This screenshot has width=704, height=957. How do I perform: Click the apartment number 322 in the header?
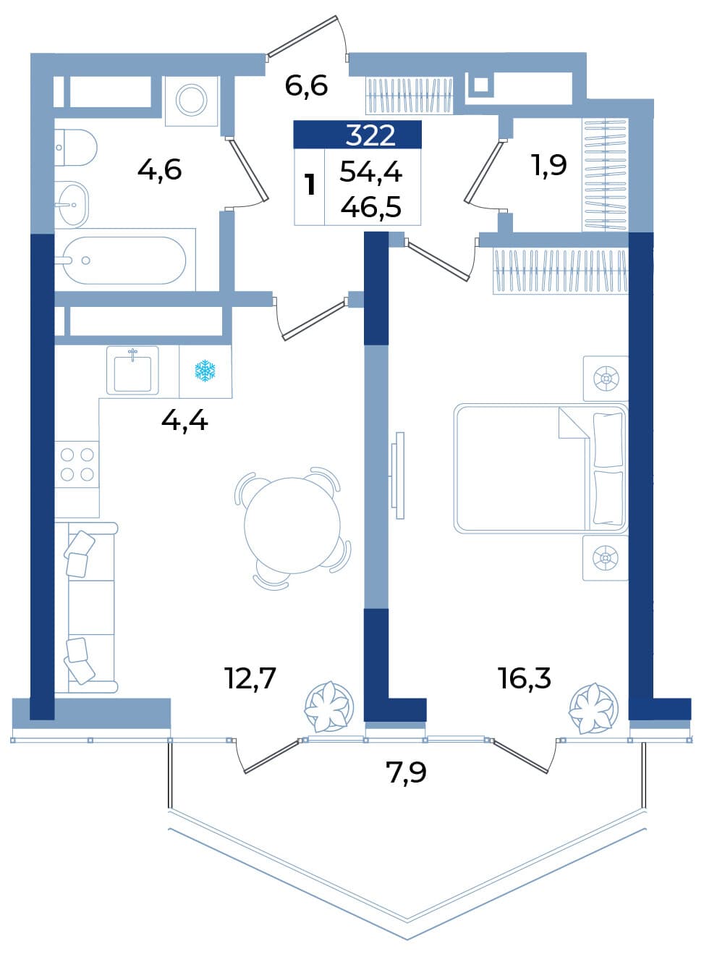[370, 136]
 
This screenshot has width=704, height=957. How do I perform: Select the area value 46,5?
[371, 208]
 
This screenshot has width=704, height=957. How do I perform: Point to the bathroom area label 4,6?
[160, 170]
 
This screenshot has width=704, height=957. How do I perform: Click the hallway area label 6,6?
[306, 85]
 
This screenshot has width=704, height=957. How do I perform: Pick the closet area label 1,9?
[549, 165]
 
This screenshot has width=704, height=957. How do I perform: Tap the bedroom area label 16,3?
[525, 679]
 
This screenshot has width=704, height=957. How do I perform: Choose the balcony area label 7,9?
[406, 772]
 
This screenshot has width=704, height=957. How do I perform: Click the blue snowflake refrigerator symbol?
[205, 371]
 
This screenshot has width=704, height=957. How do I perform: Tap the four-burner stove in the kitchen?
[77, 465]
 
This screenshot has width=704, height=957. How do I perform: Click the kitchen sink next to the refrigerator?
[132, 370]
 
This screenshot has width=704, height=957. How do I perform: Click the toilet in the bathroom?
[76, 148]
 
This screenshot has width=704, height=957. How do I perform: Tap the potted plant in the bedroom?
[594, 709]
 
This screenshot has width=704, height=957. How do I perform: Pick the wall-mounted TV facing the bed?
[397, 476]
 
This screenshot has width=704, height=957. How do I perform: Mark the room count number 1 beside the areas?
[310, 186]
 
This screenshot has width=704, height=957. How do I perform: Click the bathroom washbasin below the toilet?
[72, 205]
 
